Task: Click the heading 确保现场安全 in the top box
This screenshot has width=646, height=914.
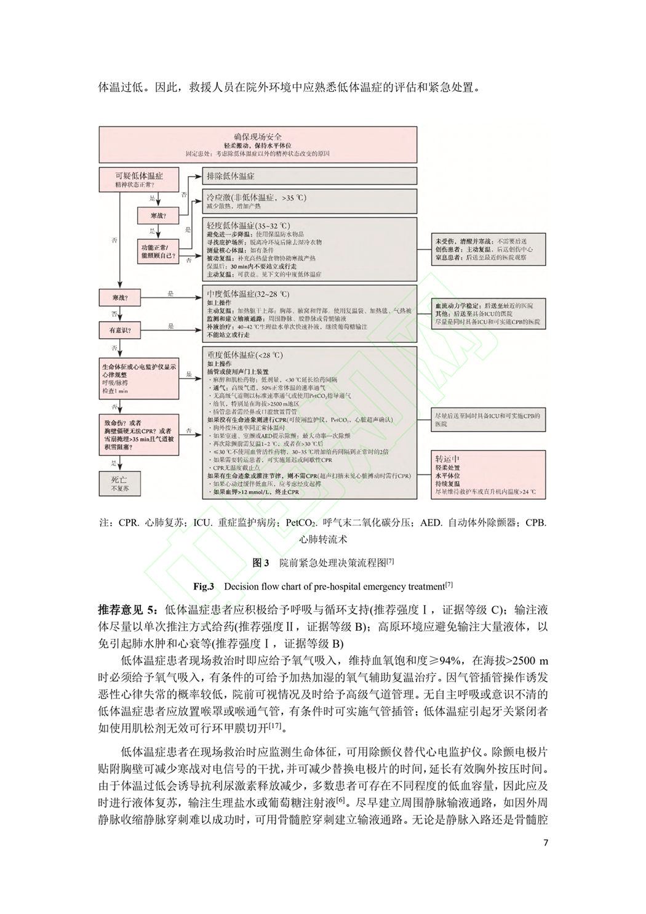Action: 258,136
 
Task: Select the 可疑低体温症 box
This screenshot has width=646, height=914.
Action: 139,179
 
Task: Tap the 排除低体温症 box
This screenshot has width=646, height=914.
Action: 231,175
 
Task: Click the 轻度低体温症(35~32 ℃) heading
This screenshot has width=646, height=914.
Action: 248,226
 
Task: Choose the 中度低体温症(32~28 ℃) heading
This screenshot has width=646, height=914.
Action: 248,294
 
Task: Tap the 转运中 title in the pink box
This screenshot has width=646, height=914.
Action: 448,459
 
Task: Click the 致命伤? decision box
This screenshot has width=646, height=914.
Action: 140,435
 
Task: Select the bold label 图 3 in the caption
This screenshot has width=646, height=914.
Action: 261,563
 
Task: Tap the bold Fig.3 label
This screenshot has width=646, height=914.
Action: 204,586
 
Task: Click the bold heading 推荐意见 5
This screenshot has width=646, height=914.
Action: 129,610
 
